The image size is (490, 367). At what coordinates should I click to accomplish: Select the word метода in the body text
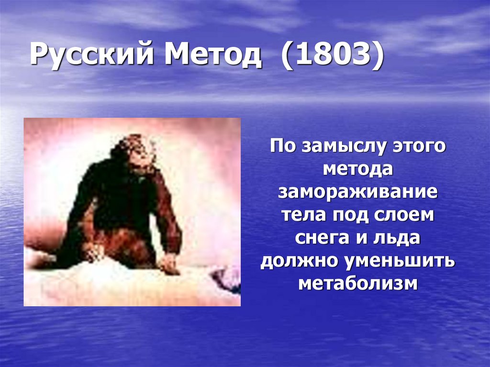click(x=358, y=169)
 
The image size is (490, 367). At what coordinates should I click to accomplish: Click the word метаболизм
click(x=358, y=284)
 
